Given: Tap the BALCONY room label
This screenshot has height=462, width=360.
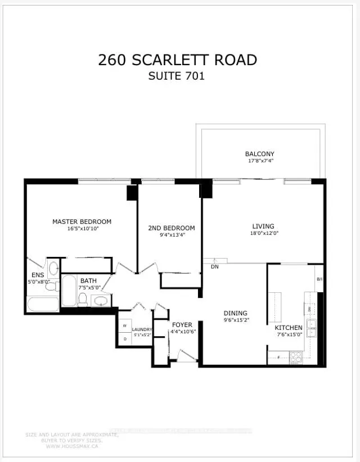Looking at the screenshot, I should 259,154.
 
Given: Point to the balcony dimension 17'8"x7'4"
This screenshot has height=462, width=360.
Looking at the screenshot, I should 259,161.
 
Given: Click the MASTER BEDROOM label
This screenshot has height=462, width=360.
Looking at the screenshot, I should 82,221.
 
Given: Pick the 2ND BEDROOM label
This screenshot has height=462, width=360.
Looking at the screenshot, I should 172,228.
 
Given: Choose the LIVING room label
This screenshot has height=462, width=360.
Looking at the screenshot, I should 263,227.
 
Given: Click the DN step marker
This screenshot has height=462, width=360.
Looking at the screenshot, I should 214,266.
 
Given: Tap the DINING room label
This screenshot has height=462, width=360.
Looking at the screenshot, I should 235,314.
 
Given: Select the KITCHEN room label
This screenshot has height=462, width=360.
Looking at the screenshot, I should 289,328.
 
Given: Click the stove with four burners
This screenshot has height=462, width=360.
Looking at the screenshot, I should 296,356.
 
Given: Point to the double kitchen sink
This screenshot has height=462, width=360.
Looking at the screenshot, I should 311,328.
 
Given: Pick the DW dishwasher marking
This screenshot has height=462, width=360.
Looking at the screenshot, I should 310,309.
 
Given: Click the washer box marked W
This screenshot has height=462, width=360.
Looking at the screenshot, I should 124,326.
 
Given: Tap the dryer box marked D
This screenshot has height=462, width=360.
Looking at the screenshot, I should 124,338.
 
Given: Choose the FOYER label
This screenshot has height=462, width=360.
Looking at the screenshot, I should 182,325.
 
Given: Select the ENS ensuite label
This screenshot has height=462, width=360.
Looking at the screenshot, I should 38,275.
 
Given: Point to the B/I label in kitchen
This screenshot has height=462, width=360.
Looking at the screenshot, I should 319,279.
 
